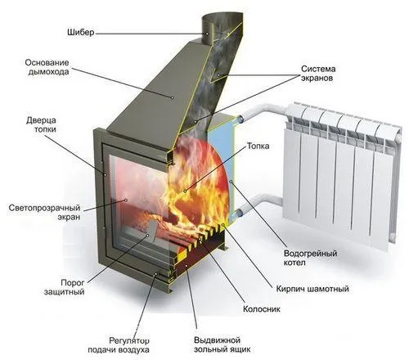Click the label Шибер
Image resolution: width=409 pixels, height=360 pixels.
click(81, 33)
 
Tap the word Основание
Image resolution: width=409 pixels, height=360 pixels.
click(47, 63)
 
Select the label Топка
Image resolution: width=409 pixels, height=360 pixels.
click(258, 146)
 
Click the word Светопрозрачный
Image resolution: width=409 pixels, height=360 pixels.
click(44, 208)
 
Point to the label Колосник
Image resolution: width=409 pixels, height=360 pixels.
click(262, 309)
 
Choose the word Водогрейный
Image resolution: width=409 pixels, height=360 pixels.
click(311, 254)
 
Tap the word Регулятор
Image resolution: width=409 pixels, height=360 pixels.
click(129, 340)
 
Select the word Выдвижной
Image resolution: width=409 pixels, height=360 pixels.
click(217, 340)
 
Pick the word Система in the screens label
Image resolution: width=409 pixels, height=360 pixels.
click(318, 69)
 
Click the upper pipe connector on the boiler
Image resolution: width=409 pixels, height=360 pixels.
click(241, 118)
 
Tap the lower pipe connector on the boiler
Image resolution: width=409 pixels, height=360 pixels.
click(238, 212)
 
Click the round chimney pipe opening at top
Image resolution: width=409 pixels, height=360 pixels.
click(222, 19)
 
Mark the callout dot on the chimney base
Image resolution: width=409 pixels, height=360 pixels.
click(172, 97)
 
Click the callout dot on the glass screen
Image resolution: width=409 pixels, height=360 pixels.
click(126, 200)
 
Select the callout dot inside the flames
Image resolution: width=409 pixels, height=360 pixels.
click(185, 191)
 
